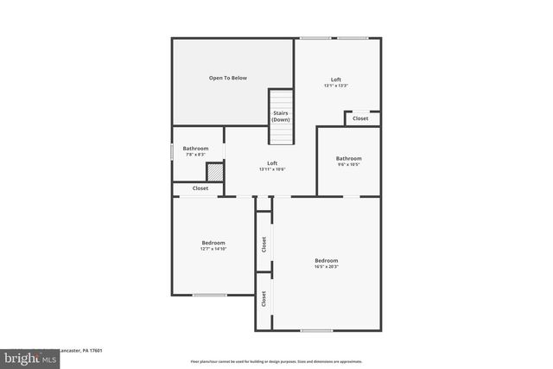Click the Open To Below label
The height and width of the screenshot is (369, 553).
(x=227, y=78)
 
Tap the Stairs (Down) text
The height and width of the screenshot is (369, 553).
(x=281, y=116)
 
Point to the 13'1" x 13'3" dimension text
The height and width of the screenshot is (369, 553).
(x=336, y=86)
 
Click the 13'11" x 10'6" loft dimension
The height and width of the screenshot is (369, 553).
(x=272, y=169)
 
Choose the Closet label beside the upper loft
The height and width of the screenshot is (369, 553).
(x=361, y=118)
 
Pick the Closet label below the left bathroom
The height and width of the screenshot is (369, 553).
(x=200, y=188)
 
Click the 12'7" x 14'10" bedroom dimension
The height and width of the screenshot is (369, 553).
(x=213, y=249)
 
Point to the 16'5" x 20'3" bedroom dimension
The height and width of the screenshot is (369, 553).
(x=327, y=267)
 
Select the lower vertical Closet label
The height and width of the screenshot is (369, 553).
(x=264, y=299)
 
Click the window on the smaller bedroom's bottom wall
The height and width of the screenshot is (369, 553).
(x=209, y=296)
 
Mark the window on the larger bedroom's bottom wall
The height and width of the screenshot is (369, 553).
(x=316, y=330)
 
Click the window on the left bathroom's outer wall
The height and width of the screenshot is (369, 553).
(x=172, y=150)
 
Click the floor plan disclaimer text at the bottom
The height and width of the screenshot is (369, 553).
(x=276, y=361)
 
